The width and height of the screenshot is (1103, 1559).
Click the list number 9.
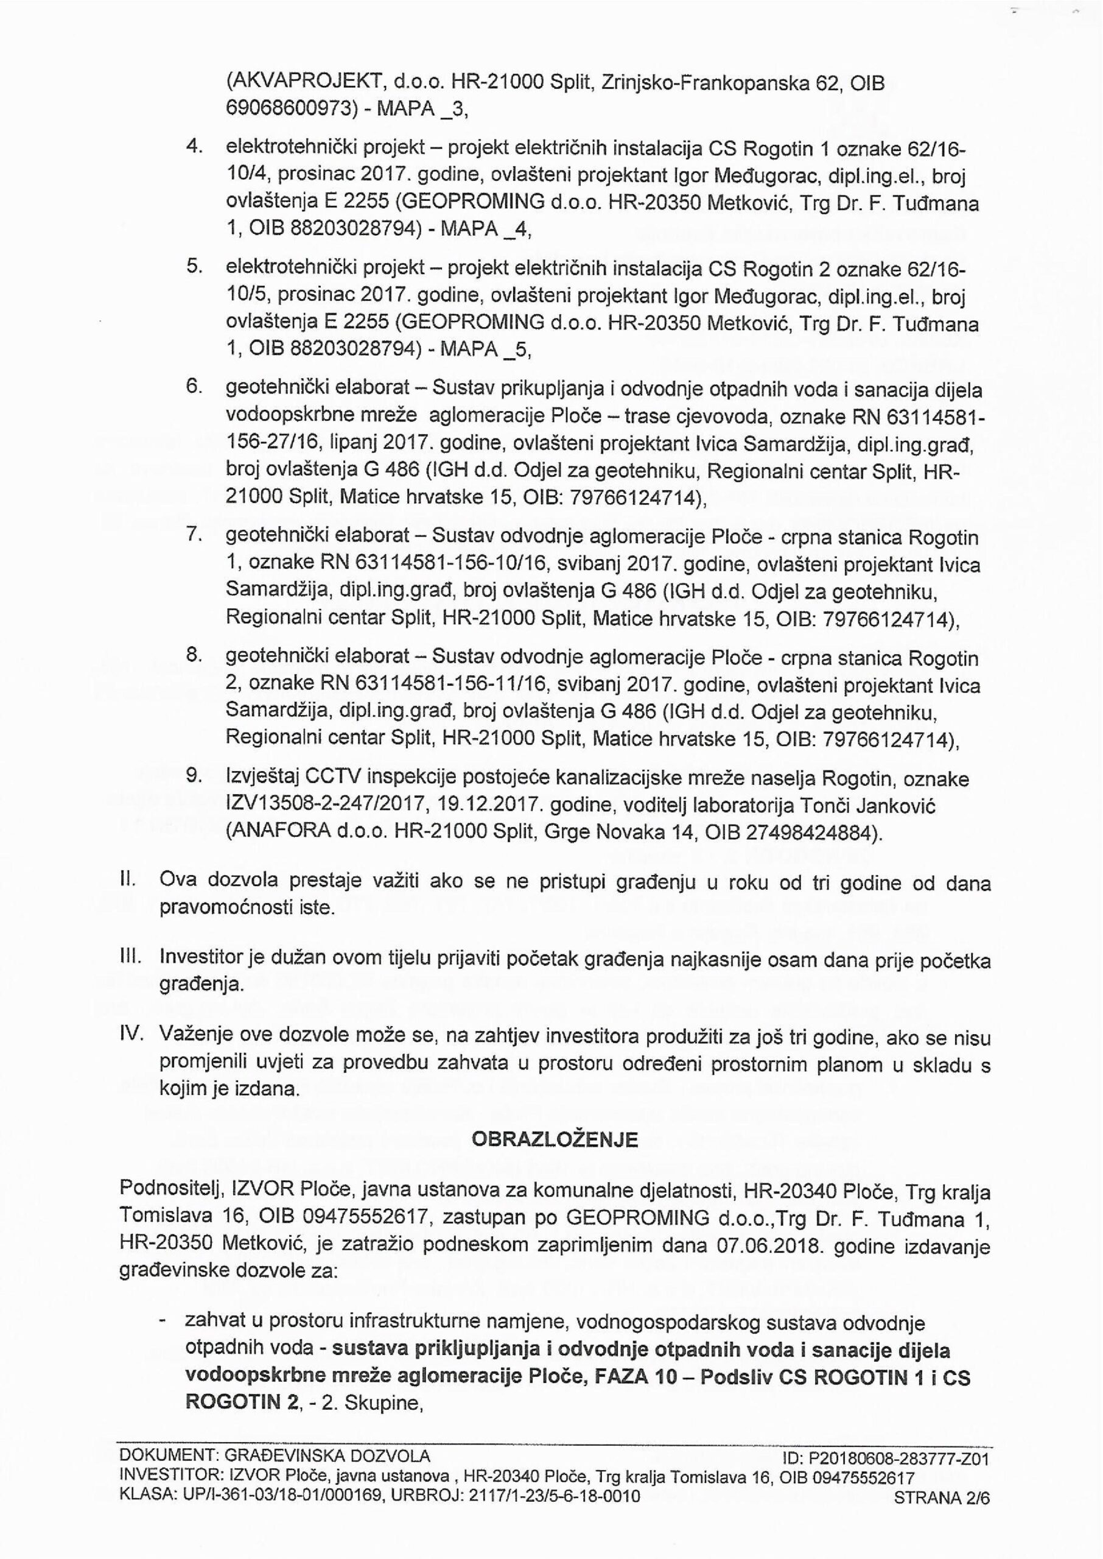[x=193, y=775]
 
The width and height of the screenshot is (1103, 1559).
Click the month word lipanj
[x=356, y=443]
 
